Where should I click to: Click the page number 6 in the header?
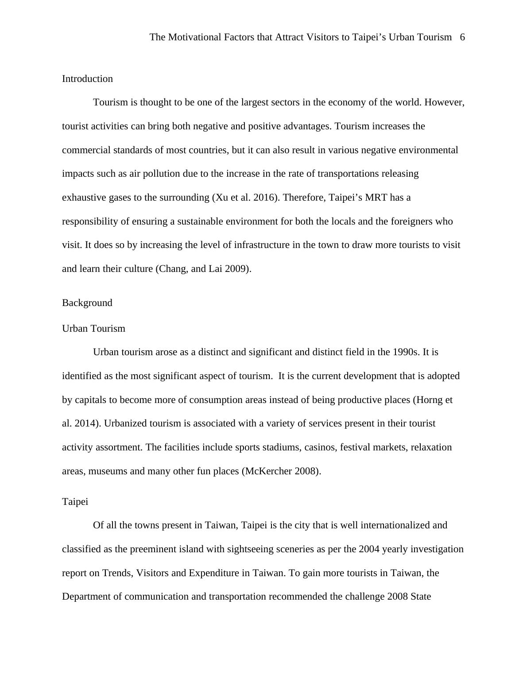(x=462, y=37)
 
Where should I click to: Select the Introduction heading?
(x=87, y=79)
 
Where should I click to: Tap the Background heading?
(x=87, y=303)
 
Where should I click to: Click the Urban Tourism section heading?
(x=93, y=329)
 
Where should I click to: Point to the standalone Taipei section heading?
(x=75, y=502)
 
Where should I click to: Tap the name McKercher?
(x=268, y=471)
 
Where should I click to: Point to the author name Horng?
(x=429, y=400)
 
